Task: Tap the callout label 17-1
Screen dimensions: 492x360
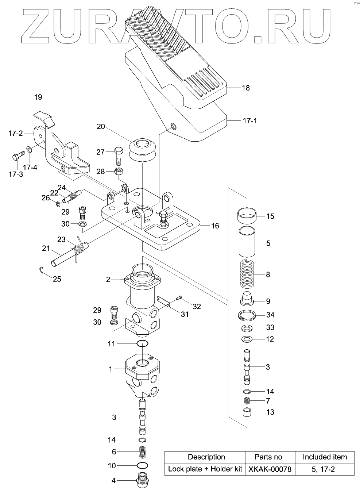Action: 249,120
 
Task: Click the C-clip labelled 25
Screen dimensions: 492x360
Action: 42,271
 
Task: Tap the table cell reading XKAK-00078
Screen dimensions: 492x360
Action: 270,469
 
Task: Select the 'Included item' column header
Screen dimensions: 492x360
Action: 325,457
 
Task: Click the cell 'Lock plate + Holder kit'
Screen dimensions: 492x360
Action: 205,469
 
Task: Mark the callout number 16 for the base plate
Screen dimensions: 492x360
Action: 215,226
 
